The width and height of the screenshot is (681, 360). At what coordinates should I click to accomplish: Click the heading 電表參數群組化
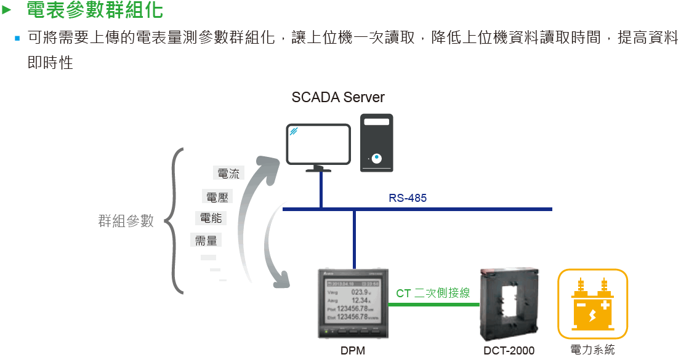[95, 10]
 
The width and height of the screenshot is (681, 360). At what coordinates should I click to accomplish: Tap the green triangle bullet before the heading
[7, 10]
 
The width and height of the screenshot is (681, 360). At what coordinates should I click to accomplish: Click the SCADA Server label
[338, 97]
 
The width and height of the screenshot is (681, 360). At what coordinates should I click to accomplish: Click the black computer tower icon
[376, 143]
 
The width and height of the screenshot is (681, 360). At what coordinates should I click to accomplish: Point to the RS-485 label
[407, 198]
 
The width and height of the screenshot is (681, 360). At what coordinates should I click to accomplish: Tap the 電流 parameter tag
[228, 174]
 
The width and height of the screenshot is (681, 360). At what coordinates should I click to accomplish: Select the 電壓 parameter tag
[218, 197]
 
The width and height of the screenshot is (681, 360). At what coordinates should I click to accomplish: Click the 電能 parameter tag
[211, 218]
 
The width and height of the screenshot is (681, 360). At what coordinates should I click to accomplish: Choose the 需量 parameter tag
[206, 241]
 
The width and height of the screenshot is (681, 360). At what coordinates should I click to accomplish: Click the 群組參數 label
[126, 222]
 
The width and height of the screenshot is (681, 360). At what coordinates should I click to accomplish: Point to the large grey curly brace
[175, 220]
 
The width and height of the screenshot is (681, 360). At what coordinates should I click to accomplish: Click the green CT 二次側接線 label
[433, 294]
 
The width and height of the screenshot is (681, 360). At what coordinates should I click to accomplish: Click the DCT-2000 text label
[509, 351]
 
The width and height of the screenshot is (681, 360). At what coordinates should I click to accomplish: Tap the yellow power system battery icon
[592, 304]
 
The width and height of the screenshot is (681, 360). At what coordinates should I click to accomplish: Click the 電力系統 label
[592, 350]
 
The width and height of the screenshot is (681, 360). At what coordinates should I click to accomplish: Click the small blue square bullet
[18, 38]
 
